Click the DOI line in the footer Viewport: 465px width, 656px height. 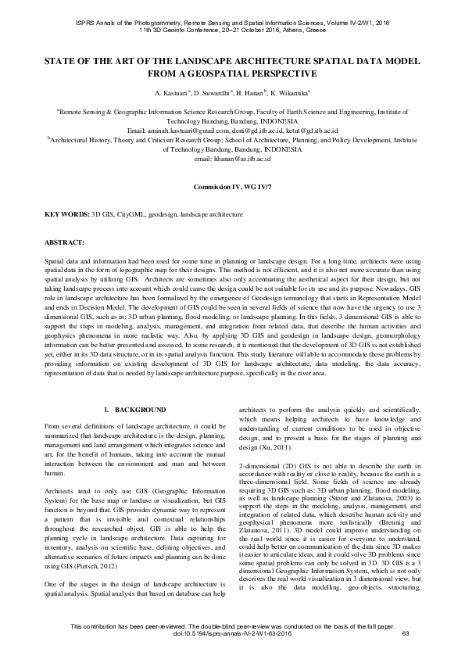pos(232,643)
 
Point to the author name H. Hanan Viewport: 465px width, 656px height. pos(253,92)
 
